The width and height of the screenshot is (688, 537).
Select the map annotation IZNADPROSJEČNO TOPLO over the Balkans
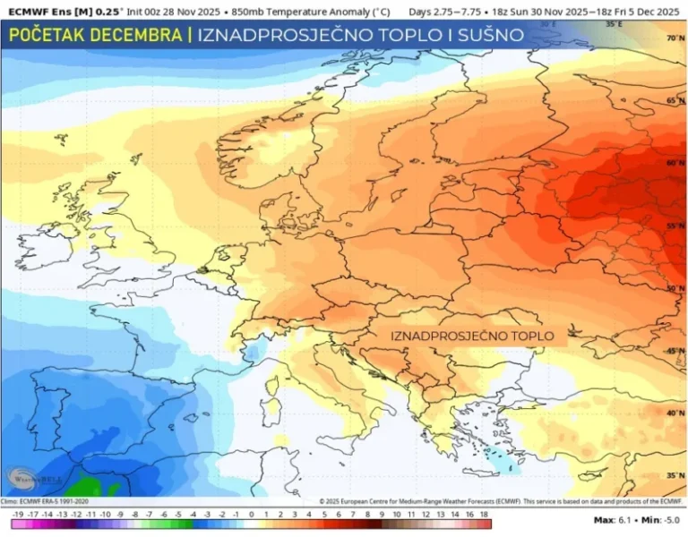pyautogui.click(x=472, y=336)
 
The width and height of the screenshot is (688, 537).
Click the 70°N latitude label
pyautogui.click(x=675, y=38)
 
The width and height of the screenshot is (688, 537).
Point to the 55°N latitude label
pyautogui.click(x=675, y=227)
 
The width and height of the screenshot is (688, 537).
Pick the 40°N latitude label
pyautogui.click(x=675, y=413)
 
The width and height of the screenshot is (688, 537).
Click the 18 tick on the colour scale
pyautogui.click(x=483, y=516)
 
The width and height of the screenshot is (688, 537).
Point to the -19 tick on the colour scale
pyautogui.click(x=17, y=516)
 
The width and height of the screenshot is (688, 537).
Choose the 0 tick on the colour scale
pyautogui.click(x=252, y=516)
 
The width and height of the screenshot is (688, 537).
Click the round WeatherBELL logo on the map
pyautogui.click(x=24, y=478)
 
